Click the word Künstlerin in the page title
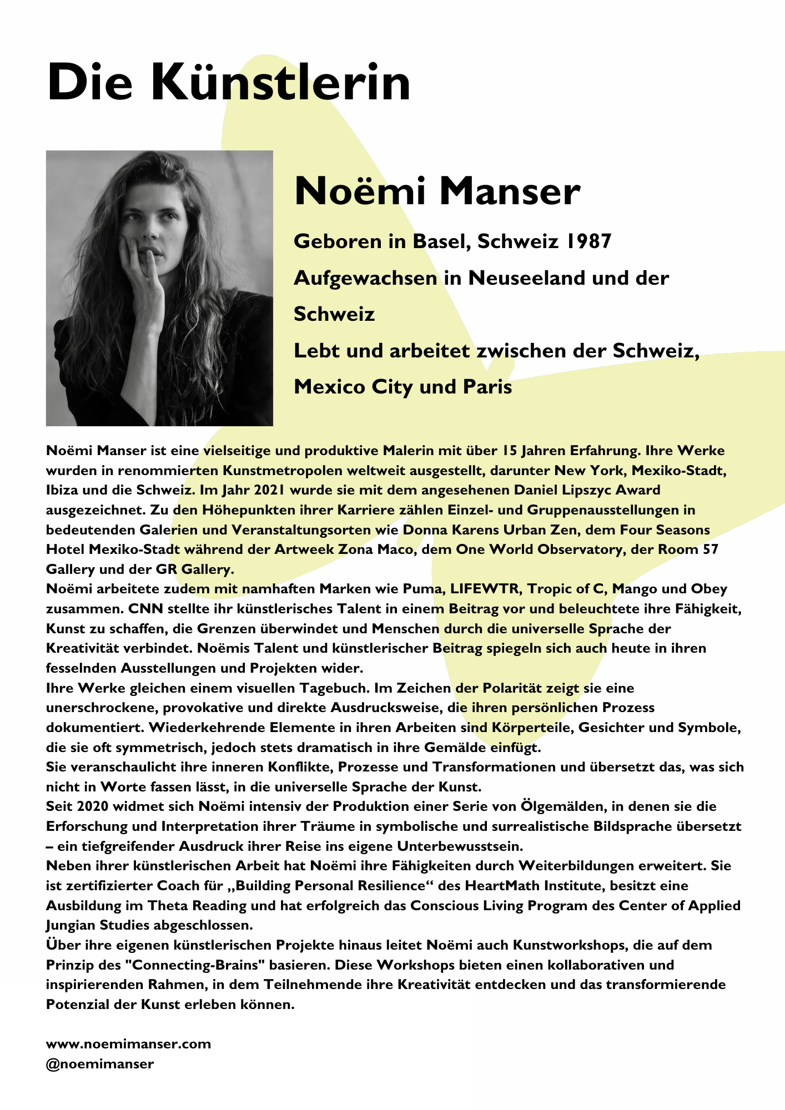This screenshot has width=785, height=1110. pos(281,82)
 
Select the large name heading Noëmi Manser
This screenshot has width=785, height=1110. pos(437,191)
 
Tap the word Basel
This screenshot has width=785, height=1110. pos(442,241)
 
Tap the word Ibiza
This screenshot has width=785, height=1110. pos(63,490)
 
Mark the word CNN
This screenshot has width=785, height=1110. pos(145,609)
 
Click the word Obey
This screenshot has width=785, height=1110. pos(708,589)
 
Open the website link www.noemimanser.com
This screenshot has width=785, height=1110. pos(128,1044)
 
